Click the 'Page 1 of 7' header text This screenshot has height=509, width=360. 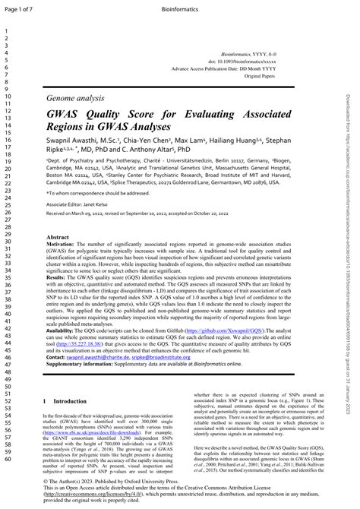[x=17, y=7]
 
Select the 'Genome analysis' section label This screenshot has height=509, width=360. [x=74, y=100]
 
